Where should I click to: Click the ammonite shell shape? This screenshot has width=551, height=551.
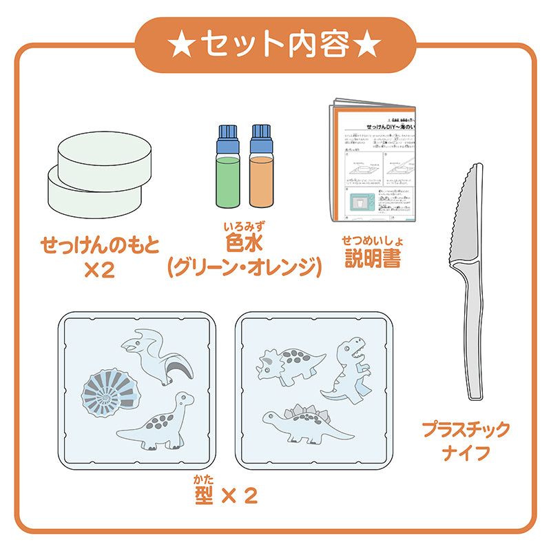pos(108,395)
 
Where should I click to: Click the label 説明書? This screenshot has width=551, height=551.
pos(372,258)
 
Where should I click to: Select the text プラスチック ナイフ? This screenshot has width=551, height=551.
pos(466,441)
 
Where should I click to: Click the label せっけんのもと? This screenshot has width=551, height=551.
pos(99,244)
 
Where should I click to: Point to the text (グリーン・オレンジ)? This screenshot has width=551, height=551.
pos(245,267)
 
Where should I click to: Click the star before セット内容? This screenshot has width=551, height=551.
pos(183,44)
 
